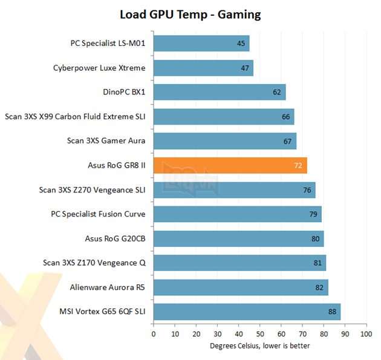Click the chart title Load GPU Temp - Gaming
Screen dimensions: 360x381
coord(190,14)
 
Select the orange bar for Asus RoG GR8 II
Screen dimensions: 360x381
coord(230,165)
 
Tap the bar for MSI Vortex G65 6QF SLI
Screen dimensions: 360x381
coord(247,312)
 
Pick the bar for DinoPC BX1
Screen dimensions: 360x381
coord(219,93)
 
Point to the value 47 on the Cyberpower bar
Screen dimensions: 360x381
coord(245,68)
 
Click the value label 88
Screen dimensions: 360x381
coord(332,312)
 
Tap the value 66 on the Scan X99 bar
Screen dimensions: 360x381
coord(285,117)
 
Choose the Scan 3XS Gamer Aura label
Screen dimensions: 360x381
coord(106,141)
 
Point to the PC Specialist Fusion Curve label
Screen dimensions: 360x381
coord(98,214)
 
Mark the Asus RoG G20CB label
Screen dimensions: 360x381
coord(116,238)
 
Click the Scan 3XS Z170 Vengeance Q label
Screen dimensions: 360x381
coord(94,263)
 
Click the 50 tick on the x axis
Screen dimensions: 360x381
coord(259,333)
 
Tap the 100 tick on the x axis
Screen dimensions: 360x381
coord(365,333)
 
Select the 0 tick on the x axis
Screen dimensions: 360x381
coord(154,333)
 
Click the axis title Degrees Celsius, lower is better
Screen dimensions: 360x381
coord(259,346)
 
